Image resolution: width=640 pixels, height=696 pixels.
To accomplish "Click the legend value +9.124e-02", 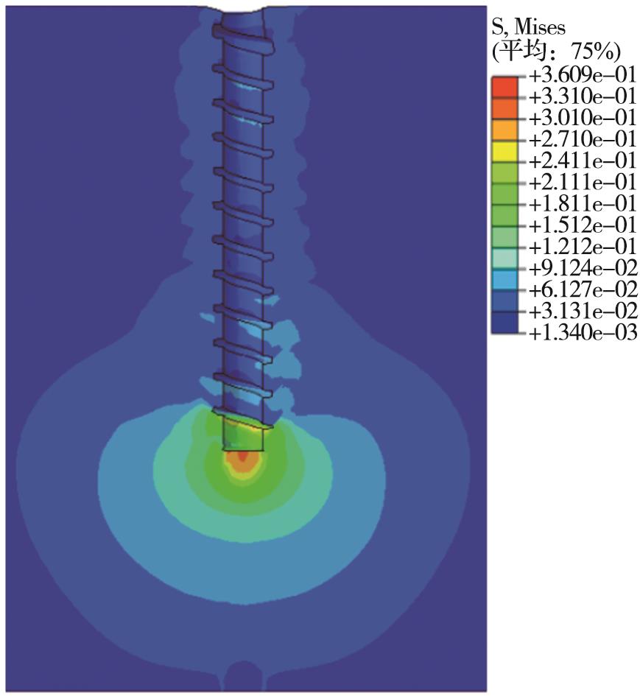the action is point(583,268).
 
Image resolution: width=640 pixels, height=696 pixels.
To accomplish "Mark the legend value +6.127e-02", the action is point(583,289).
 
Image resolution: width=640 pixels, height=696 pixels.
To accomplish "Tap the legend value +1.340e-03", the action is point(583,332).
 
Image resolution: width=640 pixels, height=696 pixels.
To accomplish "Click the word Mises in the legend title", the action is point(540,29).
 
